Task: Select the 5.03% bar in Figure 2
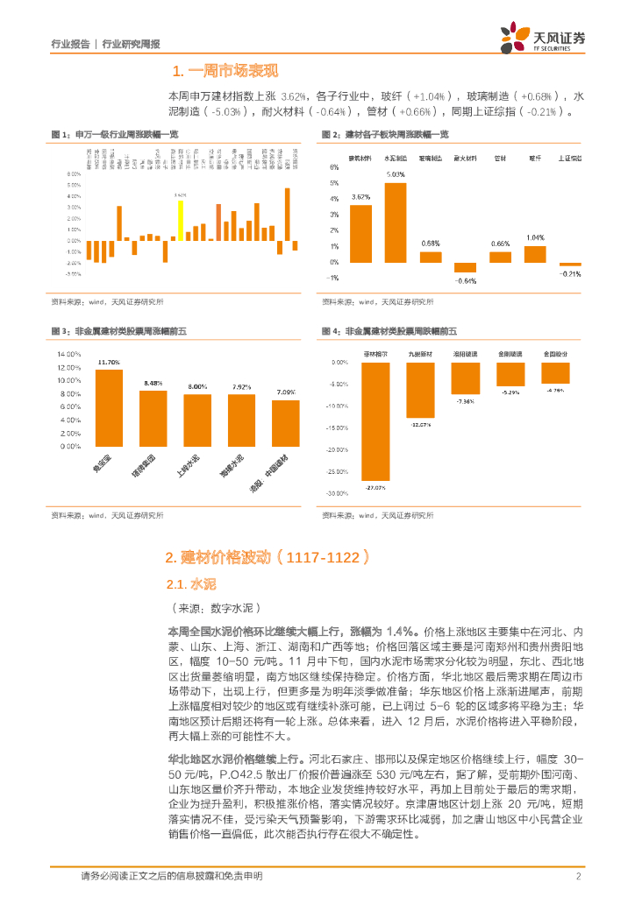[396, 222]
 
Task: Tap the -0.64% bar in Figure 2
[465, 267]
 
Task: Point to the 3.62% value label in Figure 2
[360, 198]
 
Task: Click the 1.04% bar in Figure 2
[535, 254]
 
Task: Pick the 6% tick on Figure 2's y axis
[334, 167]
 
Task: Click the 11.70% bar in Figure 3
[109, 407]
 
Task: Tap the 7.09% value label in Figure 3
[285, 392]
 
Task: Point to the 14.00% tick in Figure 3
[69, 354]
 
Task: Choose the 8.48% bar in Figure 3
[153, 418]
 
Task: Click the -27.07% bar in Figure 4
[375, 420]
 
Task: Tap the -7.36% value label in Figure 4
[465, 401]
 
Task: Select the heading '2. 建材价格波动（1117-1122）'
[268, 557]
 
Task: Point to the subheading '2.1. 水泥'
[190, 583]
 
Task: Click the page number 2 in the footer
[579, 877]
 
